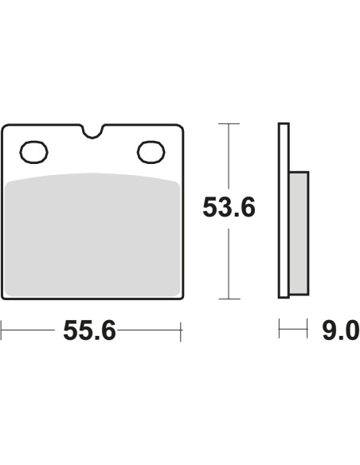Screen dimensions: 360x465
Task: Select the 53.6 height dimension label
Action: [x=229, y=207]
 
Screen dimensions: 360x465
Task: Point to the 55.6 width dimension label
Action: [x=89, y=330]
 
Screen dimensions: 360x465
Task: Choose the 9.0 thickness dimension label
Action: [x=341, y=330]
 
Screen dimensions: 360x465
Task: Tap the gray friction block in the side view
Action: [x=299, y=233]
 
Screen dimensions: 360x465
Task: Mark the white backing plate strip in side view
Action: [x=284, y=210]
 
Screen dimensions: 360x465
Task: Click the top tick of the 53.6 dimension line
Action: [x=229, y=123]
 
